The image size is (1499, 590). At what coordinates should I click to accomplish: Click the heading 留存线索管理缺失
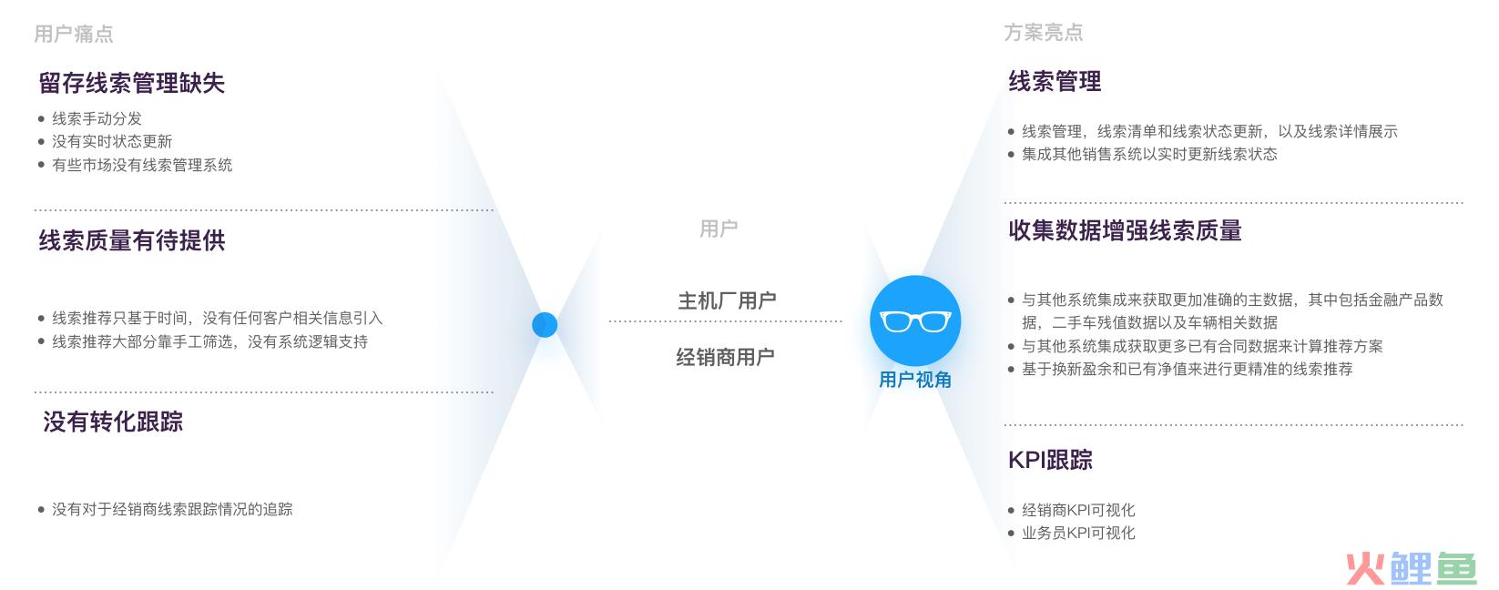[x=132, y=83]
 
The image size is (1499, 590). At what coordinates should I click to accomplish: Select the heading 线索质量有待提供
[x=132, y=240]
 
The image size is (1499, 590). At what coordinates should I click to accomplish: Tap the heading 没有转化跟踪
[x=113, y=422]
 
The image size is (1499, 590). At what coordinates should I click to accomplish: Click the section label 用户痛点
[x=74, y=34]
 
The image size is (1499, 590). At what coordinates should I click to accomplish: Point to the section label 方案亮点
[x=1044, y=33]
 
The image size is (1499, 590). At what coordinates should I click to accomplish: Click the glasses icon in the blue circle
[x=914, y=321]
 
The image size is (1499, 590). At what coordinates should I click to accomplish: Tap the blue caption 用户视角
[x=915, y=380]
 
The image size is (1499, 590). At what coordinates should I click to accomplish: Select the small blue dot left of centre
[x=545, y=324]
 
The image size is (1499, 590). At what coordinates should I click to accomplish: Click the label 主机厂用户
[x=727, y=300]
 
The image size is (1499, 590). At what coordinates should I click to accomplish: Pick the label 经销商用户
[x=725, y=357]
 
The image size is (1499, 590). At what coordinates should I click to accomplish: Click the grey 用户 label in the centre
[x=719, y=229]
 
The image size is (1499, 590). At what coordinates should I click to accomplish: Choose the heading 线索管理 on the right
[x=1055, y=82]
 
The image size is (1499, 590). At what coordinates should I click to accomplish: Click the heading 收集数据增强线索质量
[x=1125, y=230]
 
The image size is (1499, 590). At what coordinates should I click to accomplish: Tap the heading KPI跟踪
[x=1050, y=460]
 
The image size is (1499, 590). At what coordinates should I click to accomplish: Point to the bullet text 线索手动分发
[x=97, y=118]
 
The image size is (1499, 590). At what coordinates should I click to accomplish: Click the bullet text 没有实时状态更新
[x=112, y=141]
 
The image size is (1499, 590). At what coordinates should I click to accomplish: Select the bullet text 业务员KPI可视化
[x=1078, y=533]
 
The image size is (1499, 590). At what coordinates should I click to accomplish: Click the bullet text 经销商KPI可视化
[x=1078, y=510]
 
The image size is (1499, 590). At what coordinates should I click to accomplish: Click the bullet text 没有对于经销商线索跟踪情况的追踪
[x=172, y=509]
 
